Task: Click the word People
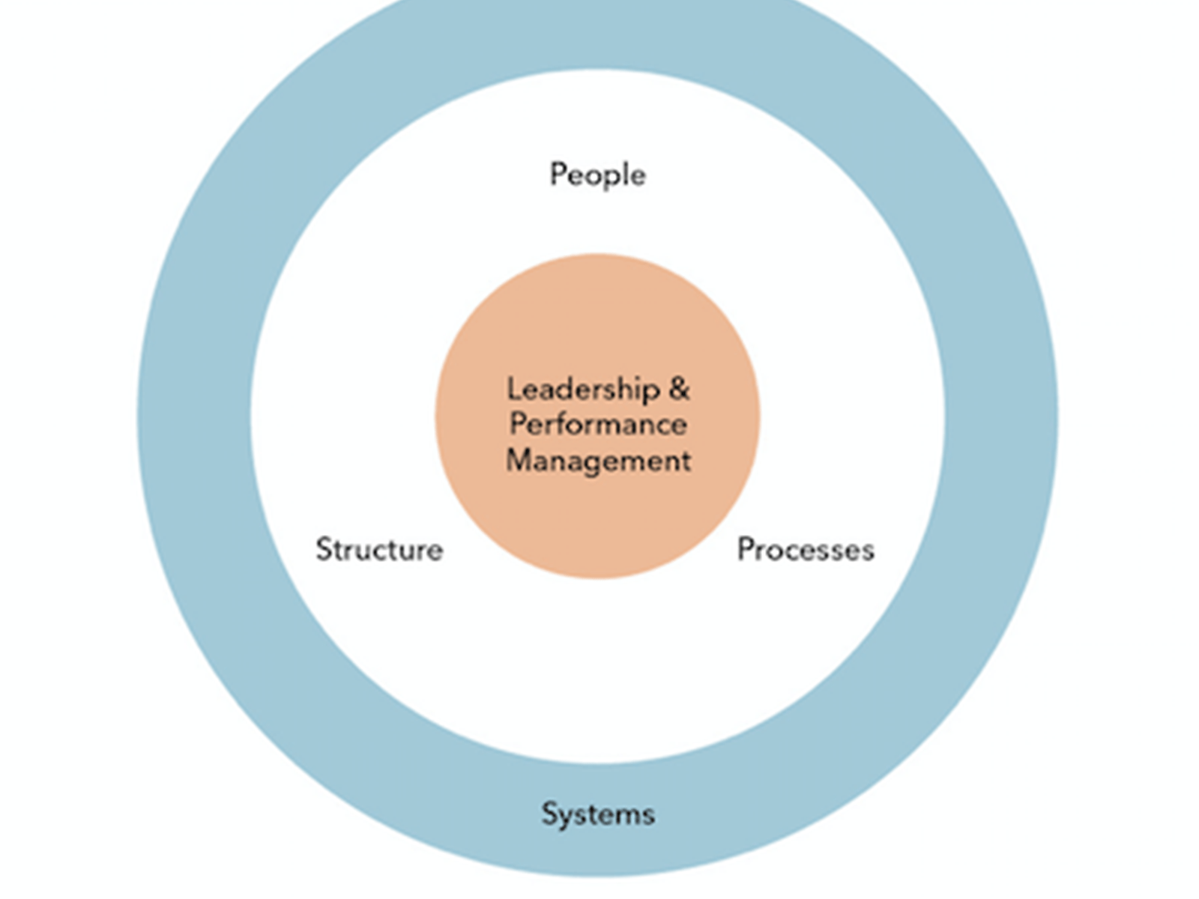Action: point(597,175)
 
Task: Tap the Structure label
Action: point(379,549)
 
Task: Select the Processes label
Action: point(806,549)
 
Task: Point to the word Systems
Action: point(598,814)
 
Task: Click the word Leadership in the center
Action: point(583,389)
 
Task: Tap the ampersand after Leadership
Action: point(679,389)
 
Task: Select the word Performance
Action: point(598,425)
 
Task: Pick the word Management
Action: point(598,460)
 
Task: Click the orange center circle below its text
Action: point(598,524)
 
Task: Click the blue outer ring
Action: point(195,420)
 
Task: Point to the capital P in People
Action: point(558,174)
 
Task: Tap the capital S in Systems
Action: point(549,813)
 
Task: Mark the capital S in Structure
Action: point(324,549)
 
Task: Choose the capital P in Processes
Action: point(745,549)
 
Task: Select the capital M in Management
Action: point(518,459)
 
